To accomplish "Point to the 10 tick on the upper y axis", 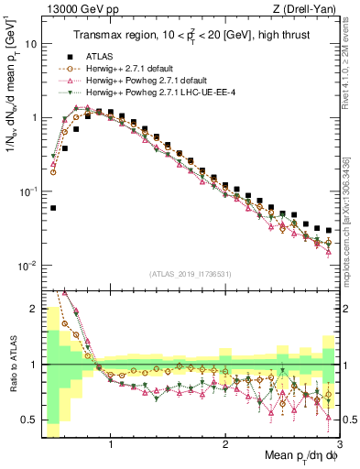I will [x=31, y=44].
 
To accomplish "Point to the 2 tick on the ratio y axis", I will [x=34, y=310].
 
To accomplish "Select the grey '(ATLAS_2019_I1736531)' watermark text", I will [x=190, y=274].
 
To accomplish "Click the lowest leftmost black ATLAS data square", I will [x=53, y=209].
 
